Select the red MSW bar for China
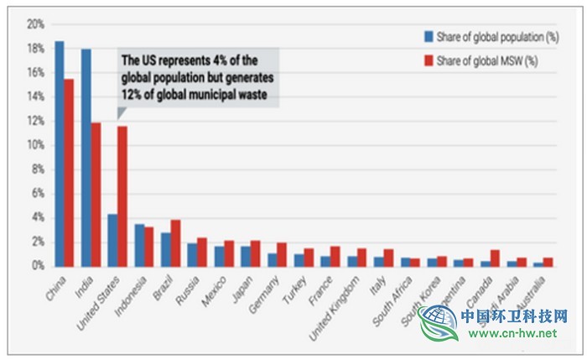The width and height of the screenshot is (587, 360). point(69,172)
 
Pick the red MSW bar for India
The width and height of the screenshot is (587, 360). point(96,194)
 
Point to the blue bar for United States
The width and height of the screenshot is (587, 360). point(112,240)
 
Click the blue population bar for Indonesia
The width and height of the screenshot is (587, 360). point(138,244)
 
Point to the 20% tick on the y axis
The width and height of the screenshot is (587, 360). point(34,24)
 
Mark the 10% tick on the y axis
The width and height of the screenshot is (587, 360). point(34,145)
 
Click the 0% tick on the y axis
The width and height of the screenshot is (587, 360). point(37,266)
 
